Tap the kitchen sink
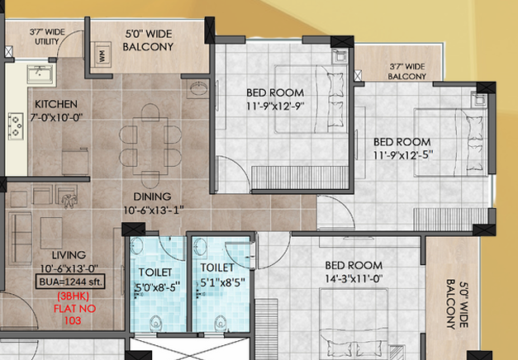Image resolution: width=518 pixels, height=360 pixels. (x=41, y=74)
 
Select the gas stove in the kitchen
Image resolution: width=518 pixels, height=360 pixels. (x=16, y=126)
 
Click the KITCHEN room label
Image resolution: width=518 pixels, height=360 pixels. (x=56, y=104)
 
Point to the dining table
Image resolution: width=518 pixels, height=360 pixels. (x=150, y=145)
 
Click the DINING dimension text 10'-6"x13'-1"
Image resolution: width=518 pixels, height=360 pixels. (x=154, y=211)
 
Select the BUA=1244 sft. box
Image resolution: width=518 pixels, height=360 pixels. (x=70, y=282)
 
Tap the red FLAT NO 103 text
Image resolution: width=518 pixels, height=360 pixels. (x=74, y=315)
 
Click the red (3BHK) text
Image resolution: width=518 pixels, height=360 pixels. (x=73, y=296)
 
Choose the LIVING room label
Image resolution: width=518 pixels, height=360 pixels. (x=69, y=255)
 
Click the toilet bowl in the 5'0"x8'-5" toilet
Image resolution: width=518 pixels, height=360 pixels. (x=155, y=324)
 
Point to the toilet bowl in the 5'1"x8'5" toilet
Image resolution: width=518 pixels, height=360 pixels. (x=221, y=324)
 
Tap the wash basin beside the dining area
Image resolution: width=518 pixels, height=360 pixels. (x=199, y=88)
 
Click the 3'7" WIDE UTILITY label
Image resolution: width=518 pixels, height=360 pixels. (x=47, y=36)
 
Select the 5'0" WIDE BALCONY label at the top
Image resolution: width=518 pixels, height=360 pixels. (x=148, y=40)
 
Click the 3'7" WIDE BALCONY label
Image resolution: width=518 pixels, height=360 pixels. (x=407, y=71)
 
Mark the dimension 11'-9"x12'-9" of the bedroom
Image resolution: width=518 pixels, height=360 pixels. (x=275, y=107)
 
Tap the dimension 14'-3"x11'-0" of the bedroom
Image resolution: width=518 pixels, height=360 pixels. (x=354, y=279)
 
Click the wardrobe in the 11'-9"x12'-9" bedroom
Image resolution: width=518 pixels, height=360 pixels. (x=300, y=178)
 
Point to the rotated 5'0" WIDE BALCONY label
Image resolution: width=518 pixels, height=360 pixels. (x=457, y=304)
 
